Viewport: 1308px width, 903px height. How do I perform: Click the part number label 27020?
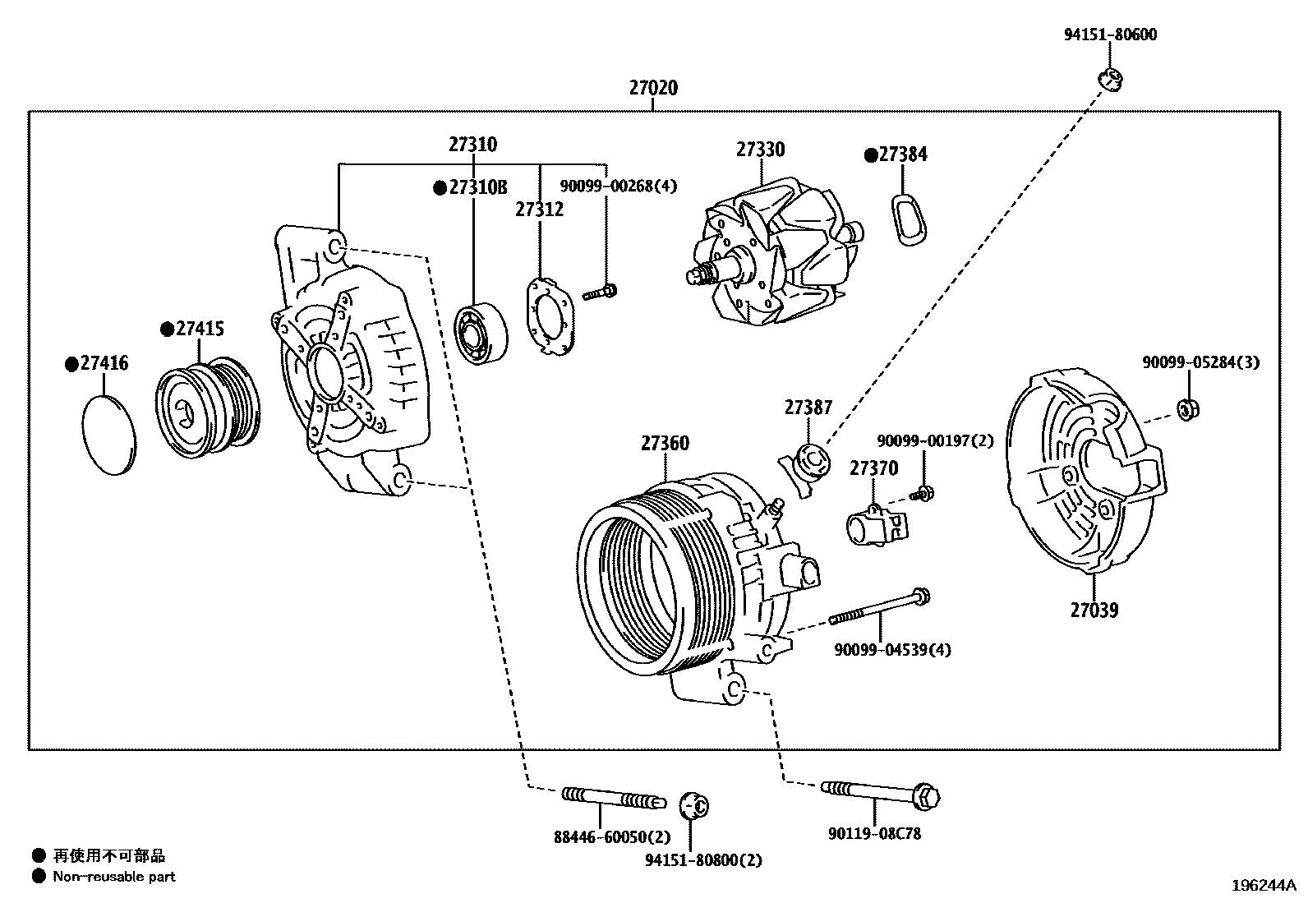click(653, 87)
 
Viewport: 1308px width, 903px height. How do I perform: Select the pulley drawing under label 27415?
click(208, 407)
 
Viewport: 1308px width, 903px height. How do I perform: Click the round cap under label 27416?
click(109, 434)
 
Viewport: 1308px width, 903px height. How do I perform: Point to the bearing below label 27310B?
click(481, 333)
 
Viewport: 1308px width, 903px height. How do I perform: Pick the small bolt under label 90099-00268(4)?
click(601, 291)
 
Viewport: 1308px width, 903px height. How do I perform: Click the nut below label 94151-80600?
click(1111, 80)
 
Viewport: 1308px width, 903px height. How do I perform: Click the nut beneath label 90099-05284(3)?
click(1186, 408)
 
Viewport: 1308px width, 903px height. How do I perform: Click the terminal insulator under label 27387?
click(806, 466)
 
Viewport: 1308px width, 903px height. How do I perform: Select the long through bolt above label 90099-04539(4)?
click(879, 608)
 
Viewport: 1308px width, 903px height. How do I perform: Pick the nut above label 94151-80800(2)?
click(695, 805)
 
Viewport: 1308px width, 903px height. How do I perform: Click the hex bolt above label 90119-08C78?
click(880, 793)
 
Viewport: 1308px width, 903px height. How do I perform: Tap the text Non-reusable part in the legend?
click(114, 877)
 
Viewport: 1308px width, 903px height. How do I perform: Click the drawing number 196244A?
click(1263, 885)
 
